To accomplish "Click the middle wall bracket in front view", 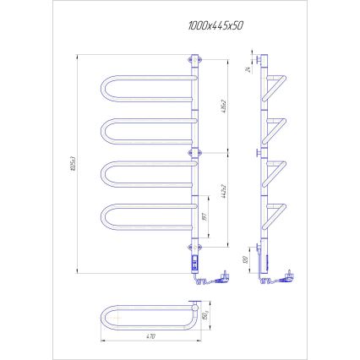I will [195, 152].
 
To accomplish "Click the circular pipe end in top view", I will [203, 317].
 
